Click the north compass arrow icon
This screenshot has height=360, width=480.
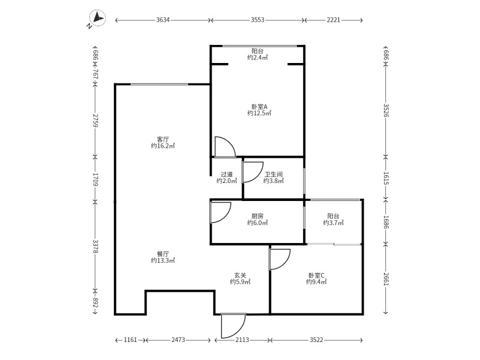coord(97,19)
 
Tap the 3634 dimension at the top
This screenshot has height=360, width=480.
coord(163,20)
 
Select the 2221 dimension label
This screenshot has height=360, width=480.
coord(334,20)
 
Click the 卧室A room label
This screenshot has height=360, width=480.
coord(259,107)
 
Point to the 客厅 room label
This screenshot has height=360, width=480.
coord(163,140)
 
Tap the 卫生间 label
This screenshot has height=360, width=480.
coord(274,175)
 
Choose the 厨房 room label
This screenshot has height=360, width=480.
coord(257,216)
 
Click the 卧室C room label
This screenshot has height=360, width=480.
coord(316,275)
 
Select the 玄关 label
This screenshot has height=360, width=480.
coord(240,275)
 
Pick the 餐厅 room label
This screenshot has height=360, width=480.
coord(163,254)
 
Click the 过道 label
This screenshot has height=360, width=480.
coord(227,175)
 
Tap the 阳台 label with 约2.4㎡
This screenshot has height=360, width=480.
coord(257,51)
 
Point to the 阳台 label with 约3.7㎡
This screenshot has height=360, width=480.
coord(334,216)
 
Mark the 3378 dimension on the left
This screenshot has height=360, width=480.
coord(95,247)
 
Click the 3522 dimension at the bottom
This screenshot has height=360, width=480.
coord(316,340)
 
